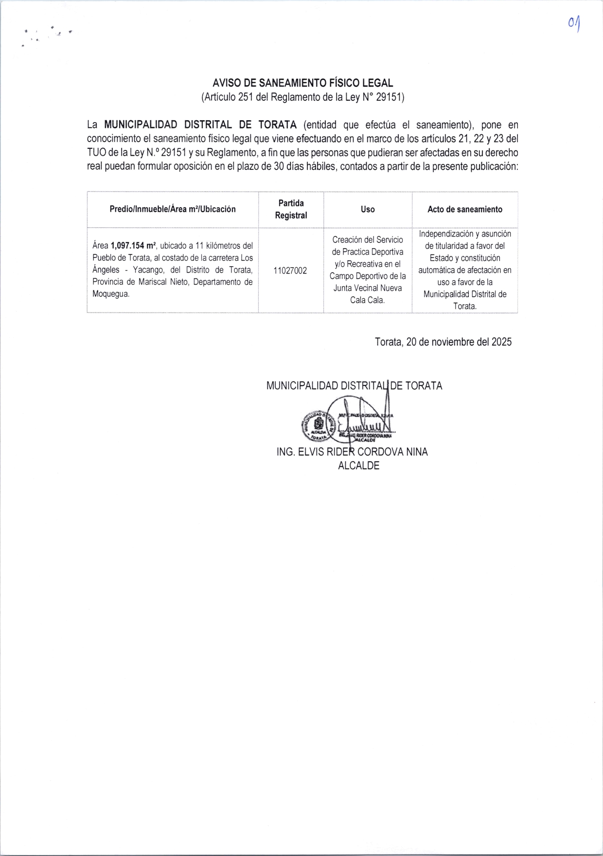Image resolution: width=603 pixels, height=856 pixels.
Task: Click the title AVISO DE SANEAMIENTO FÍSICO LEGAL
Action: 303,83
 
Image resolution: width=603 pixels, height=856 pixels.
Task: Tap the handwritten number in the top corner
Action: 575,24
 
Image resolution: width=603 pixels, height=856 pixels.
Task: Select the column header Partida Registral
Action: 291,209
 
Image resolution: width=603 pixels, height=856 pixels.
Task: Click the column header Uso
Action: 368,209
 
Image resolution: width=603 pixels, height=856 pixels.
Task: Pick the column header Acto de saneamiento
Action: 464,209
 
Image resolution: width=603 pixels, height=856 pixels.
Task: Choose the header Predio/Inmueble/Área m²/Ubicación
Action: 173,209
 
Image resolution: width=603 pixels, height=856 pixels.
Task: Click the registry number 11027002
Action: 290,271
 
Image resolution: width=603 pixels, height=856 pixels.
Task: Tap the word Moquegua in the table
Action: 111,294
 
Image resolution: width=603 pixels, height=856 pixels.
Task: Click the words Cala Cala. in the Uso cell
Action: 368,300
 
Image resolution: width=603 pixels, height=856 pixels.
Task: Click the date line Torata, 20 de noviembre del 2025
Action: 443,342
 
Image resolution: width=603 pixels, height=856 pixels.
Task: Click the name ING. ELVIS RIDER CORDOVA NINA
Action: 352,452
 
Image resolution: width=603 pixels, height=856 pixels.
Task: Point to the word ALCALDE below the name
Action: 359,466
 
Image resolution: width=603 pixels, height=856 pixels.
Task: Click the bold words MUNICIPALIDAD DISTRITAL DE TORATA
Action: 200,125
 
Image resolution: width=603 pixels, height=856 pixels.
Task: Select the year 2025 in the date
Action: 501,342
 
